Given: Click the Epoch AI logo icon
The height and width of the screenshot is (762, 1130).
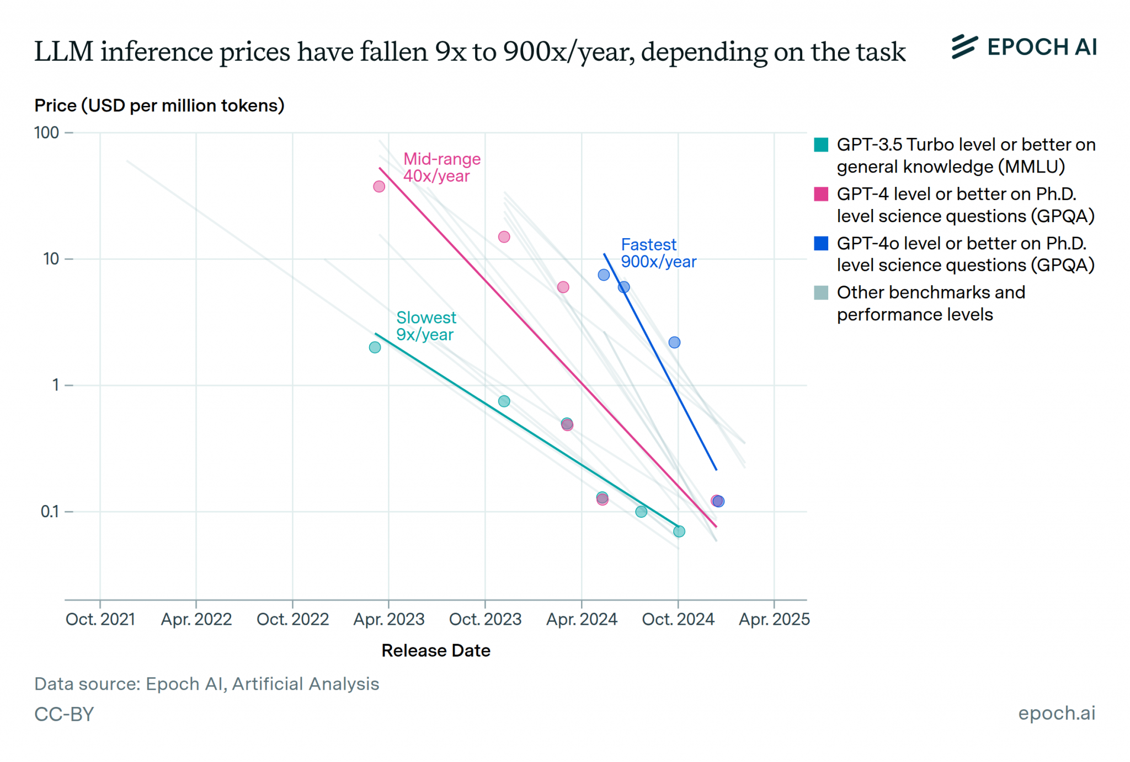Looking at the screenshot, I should pos(964,47).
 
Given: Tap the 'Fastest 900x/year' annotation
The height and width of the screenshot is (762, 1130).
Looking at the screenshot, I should pos(658,253).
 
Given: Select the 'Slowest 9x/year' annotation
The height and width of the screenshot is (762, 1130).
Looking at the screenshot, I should pos(425,326).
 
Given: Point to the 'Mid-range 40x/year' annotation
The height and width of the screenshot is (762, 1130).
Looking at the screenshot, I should pos(441,167).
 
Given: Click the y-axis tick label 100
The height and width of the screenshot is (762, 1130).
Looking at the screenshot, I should pos(46,133).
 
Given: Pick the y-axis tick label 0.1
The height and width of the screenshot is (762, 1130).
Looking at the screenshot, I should pos(49,512).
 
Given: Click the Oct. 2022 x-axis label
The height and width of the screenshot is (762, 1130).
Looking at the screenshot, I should pos(292,619).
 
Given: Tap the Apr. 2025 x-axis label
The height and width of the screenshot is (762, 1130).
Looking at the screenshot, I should pos(774,619).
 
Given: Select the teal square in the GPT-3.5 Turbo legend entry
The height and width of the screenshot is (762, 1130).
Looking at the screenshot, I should pos(821,145).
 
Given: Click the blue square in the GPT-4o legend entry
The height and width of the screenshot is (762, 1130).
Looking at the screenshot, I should pos(821,243).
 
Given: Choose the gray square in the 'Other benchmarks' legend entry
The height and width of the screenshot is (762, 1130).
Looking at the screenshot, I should pos(821,292).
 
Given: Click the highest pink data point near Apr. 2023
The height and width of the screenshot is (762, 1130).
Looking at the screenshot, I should pos(379,186).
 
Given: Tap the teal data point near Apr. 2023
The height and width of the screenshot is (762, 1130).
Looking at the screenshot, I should pos(375,347).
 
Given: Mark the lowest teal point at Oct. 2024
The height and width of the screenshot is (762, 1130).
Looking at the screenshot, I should pos(679,532).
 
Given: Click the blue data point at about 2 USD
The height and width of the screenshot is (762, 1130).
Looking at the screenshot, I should pos(674,342).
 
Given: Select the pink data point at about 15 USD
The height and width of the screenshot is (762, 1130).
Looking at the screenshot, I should pos(504,237).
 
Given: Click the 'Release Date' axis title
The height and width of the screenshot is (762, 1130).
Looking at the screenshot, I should pos(435,651).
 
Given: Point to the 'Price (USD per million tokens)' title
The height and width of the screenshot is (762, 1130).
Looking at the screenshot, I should pos(159,105).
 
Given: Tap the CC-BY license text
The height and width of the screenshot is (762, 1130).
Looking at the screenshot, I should pos(64,714).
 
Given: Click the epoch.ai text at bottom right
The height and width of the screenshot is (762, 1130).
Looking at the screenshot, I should pos(1056,713).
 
